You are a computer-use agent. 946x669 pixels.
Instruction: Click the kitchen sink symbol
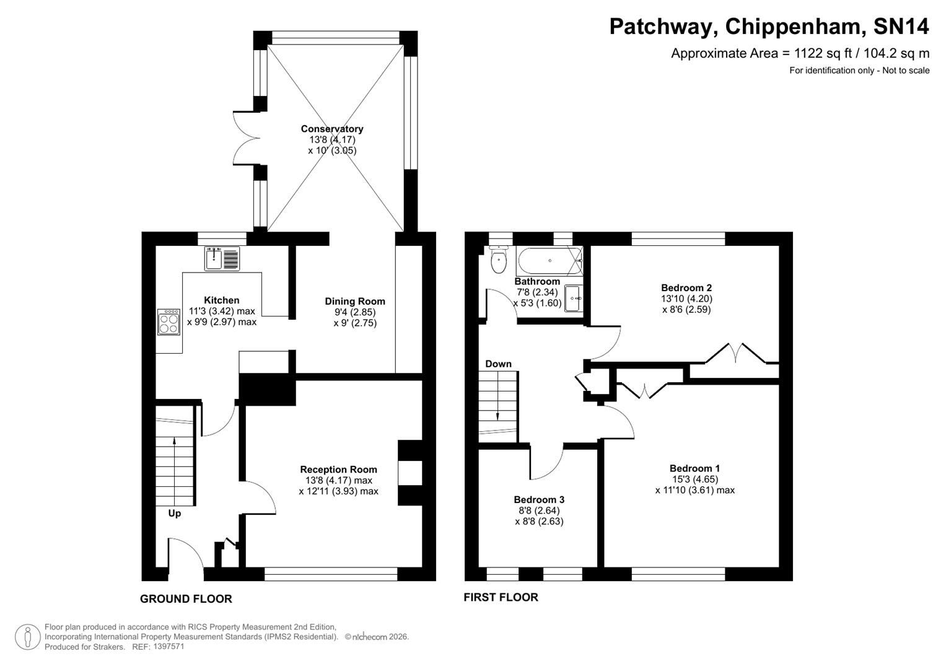point(222,258)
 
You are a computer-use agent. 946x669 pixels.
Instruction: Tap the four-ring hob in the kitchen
point(169,322)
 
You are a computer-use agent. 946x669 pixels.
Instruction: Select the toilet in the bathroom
point(498,261)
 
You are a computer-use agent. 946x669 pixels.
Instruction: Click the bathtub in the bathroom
point(550,261)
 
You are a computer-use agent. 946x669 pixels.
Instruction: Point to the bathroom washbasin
point(573,298)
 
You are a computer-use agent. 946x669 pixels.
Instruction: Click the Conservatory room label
point(332,129)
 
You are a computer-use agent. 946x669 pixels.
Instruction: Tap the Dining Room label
point(355,302)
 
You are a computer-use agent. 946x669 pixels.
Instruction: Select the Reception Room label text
point(338,470)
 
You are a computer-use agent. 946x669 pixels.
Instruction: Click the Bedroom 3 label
point(539,500)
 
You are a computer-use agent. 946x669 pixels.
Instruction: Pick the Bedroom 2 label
point(686,287)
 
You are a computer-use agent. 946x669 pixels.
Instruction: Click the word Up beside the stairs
point(175,514)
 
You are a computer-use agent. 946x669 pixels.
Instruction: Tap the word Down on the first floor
point(498,364)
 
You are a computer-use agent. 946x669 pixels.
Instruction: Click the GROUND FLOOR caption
point(186,599)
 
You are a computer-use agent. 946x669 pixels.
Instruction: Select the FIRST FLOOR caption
point(501,597)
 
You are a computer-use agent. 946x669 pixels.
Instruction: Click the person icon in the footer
point(28,637)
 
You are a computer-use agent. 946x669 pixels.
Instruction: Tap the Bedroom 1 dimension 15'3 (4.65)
point(694,479)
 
